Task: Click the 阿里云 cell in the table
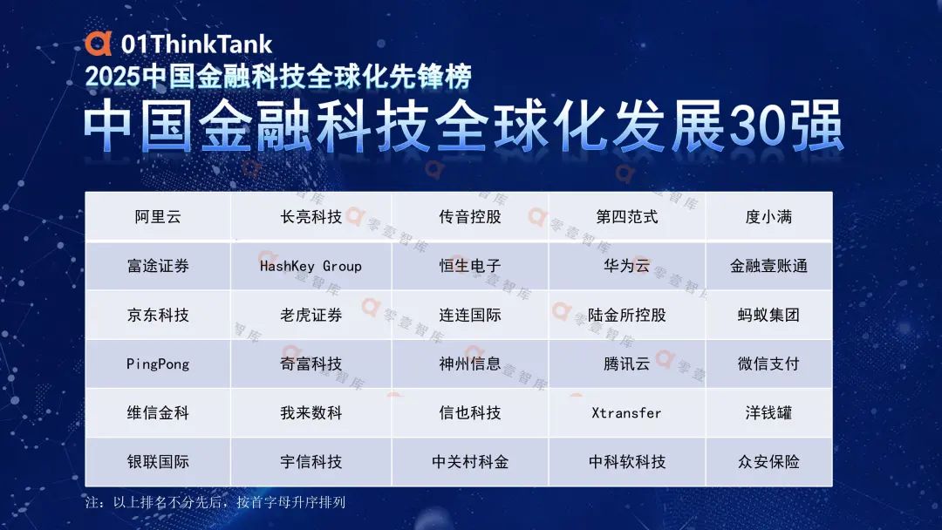click(158, 217)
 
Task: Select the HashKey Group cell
click(311, 266)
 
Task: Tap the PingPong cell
click(158, 364)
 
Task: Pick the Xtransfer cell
click(626, 413)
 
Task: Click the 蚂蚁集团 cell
click(769, 315)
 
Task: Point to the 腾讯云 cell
click(626, 364)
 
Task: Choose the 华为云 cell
click(626, 266)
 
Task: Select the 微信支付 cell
click(769, 364)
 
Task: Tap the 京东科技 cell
click(158, 315)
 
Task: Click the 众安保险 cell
click(769, 462)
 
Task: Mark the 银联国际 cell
click(158, 462)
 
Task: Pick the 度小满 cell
click(769, 217)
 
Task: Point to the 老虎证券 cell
click(311, 315)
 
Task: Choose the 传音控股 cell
click(470, 217)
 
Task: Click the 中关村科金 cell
click(470, 462)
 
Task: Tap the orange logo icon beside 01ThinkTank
click(99, 44)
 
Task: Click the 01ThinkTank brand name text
click(196, 44)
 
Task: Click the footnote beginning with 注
click(215, 502)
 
